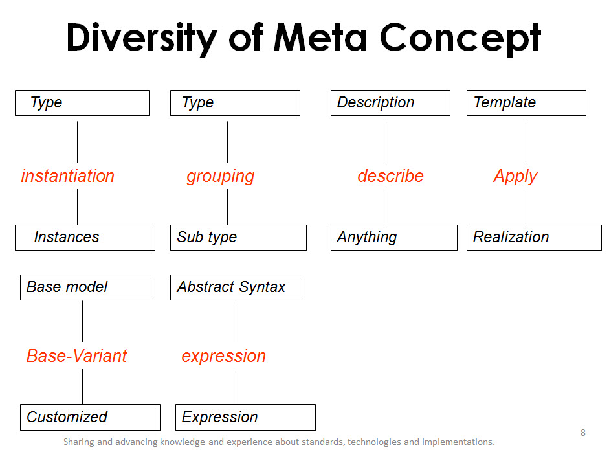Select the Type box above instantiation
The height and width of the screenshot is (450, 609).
click(x=82, y=103)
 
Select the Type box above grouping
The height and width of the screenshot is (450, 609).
click(x=235, y=103)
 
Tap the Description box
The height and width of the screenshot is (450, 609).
click(x=390, y=103)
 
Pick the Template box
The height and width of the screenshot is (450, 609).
click(x=526, y=103)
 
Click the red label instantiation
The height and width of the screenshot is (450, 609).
click(x=68, y=176)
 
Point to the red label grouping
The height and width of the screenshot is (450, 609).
click(x=221, y=176)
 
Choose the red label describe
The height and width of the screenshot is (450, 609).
click(x=390, y=176)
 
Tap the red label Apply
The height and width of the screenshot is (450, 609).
click(x=515, y=176)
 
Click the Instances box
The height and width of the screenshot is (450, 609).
click(x=85, y=238)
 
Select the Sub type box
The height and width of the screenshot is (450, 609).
click(x=238, y=238)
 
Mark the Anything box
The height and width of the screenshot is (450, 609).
click(x=393, y=238)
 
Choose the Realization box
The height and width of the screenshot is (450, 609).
click(x=534, y=238)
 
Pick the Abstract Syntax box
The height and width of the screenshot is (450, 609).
click(x=238, y=287)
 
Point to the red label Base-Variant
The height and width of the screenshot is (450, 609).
click(x=77, y=356)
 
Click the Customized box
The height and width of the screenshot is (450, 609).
click(x=90, y=418)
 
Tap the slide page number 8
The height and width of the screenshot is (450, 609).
click(x=582, y=433)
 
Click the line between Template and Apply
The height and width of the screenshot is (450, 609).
click(x=524, y=141)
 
